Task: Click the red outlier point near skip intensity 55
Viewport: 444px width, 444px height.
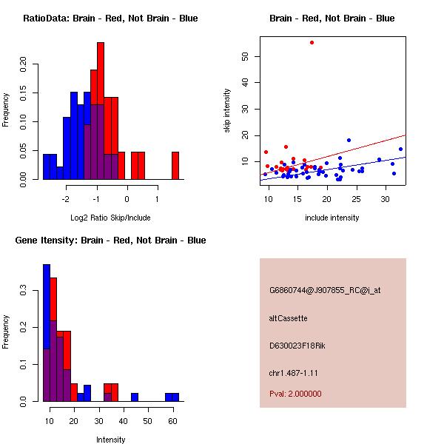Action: (x=312, y=42)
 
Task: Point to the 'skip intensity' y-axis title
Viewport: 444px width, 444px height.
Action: (x=227, y=111)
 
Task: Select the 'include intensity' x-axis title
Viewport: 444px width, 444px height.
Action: (x=332, y=218)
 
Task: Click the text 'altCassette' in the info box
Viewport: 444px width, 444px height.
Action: (x=288, y=318)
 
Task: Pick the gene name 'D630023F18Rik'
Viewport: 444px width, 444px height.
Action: (x=299, y=345)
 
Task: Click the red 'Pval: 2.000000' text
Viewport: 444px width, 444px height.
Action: (x=295, y=394)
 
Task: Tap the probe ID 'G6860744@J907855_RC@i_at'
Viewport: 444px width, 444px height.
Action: (x=325, y=291)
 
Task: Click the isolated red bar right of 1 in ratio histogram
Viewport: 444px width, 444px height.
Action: (x=175, y=165)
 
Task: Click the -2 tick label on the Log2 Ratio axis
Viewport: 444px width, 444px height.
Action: (x=65, y=198)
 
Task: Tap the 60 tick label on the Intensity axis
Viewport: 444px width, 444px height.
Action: (x=172, y=420)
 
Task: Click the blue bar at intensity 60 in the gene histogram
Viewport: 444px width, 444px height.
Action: (x=172, y=397)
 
